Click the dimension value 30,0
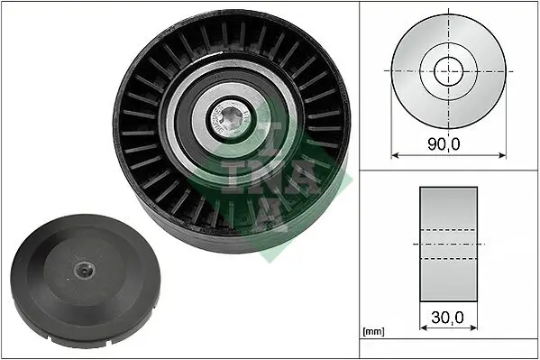448,317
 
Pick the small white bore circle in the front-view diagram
448,70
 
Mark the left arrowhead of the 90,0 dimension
394,154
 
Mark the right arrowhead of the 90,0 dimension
503,154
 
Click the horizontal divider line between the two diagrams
448,169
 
